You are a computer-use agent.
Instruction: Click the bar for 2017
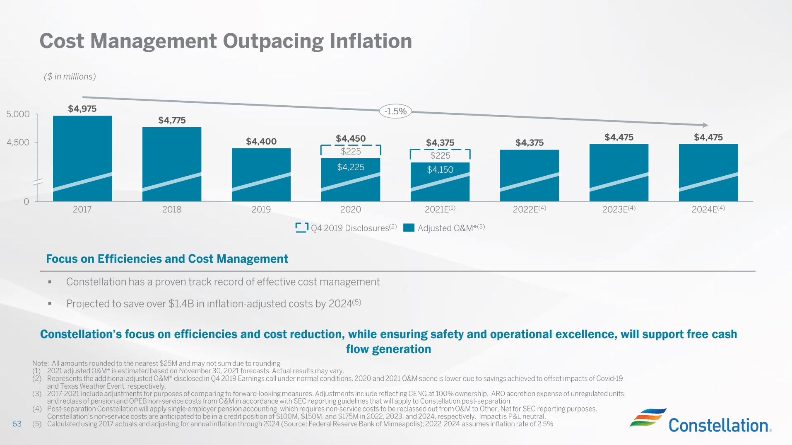(82, 158)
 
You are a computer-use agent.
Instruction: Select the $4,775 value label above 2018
(172, 121)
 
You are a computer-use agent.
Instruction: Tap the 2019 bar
(261, 174)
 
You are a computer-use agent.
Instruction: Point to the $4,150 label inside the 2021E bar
(440, 169)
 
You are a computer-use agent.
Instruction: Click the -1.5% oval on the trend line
(395, 111)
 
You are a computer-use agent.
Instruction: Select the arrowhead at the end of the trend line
(705, 125)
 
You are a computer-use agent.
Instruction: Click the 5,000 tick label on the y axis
(18, 114)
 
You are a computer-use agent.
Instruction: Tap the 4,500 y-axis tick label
(18, 143)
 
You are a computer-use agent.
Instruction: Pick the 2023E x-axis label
(619, 209)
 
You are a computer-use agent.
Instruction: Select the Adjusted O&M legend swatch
(409, 227)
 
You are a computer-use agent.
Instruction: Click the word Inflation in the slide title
(371, 41)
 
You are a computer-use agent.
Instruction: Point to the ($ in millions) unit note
(70, 77)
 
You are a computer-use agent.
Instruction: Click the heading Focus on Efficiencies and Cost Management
(167, 259)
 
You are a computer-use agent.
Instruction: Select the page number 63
(17, 424)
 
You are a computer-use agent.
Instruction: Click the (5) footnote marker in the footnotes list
(37, 424)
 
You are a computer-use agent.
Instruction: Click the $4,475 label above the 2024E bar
(708, 137)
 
